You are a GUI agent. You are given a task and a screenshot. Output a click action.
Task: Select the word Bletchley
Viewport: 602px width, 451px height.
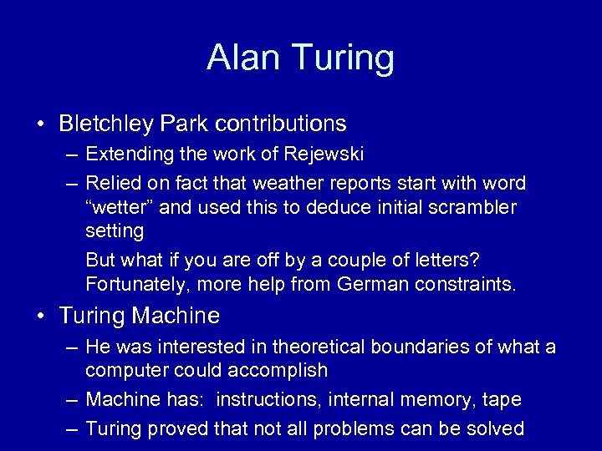click(105, 124)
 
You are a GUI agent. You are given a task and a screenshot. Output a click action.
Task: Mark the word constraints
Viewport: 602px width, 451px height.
click(468, 285)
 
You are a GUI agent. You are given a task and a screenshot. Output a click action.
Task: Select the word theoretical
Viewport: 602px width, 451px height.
click(295, 347)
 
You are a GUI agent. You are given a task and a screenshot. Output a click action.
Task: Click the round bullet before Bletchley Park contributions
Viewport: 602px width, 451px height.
click(41, 124)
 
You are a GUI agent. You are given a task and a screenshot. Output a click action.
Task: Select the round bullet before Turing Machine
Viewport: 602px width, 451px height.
click(41, 316)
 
